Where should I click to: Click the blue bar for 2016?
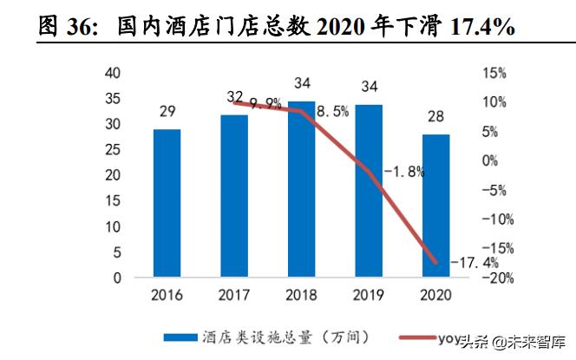167,204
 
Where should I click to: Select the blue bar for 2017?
234,196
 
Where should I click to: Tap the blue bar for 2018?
301,190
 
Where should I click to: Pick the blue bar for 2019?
369,191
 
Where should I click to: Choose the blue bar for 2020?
435,206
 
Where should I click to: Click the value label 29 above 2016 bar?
167,111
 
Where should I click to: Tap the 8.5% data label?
332,111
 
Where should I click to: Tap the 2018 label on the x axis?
301,297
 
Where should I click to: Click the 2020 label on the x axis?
435,297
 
